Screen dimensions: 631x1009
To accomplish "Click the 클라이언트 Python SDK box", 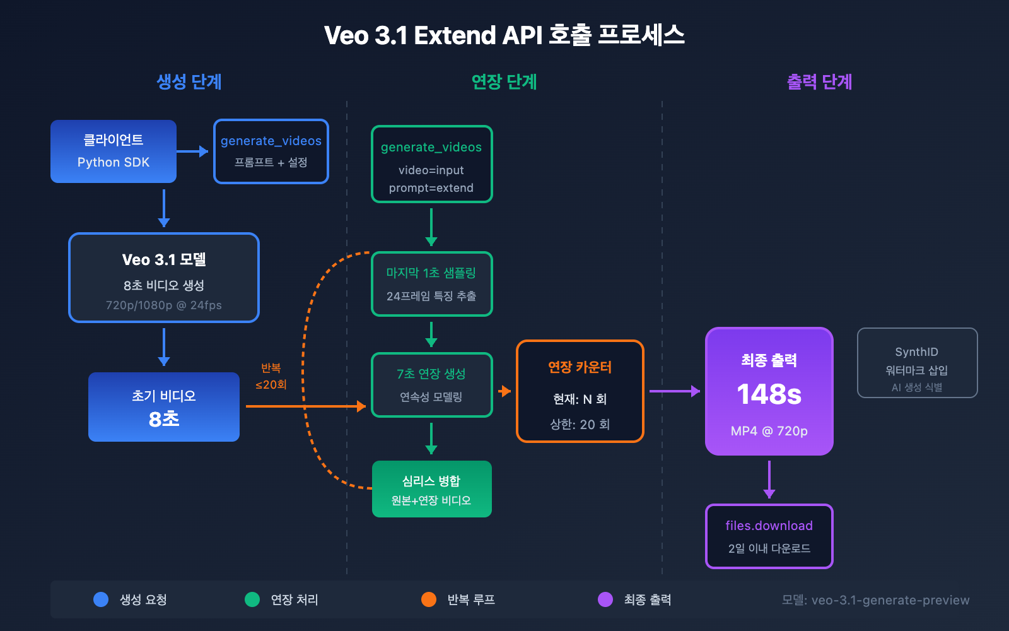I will point(114,151).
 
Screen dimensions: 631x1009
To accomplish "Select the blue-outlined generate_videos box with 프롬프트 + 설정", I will point(271,151).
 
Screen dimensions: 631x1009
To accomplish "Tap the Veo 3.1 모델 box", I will point(164,278).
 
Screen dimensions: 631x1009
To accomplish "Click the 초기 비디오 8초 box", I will point(164,407).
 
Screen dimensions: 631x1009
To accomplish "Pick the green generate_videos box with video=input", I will point(431,164).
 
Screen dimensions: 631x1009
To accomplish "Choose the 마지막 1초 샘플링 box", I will point(431,284).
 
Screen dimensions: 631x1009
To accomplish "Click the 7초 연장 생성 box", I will point(431,385).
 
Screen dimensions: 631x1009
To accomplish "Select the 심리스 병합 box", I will point(431,489).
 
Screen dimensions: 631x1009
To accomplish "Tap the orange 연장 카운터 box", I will point(580,391).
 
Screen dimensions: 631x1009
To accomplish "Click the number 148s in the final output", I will point(769,394).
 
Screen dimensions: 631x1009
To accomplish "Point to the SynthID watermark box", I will point(917,363).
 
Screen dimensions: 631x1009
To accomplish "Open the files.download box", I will point(769,536).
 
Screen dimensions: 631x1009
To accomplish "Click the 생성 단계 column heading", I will point(189,82).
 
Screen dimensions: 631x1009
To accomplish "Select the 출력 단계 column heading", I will point(819,82).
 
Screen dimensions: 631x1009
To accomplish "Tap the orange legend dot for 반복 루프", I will point(429,599).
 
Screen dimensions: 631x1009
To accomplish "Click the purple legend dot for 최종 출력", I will point(605,599).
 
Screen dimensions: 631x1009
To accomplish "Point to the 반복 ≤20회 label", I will point(271,376).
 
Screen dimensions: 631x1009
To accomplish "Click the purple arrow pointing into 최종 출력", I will point(674,391).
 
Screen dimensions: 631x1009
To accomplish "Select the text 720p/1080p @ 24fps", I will point(164,305).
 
